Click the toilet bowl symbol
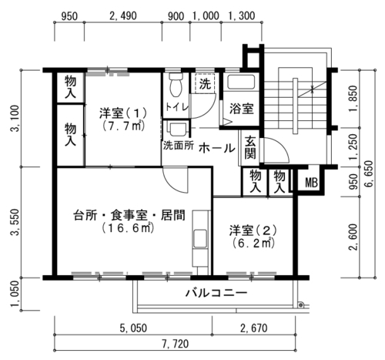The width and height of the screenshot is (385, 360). pos(176,85)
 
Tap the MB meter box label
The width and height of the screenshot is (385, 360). pos(311,183)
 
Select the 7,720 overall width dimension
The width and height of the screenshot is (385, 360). pos(176,344)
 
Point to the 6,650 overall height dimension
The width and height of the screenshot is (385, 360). pos(369,174)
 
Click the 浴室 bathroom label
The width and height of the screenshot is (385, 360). pos(242,109)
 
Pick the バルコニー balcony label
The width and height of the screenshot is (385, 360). pos(216,293)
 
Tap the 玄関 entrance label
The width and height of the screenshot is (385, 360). pos(249,147)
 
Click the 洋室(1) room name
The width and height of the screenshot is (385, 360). pos(123,113)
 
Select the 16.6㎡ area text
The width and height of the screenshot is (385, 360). pos(128,228)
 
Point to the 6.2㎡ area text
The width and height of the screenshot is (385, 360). pos(253,243)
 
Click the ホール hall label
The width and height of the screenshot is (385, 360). pos(217,148)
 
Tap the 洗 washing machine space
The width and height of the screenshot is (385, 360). pos(205,83)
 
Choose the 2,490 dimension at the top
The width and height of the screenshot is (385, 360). pos(123,16)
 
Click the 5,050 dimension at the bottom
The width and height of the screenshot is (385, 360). pos(133,328)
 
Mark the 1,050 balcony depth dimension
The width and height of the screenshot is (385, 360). pos(15,294)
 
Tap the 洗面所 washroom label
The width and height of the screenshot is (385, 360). pos(179,146)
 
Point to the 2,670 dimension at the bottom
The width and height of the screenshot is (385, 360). pos(253,328)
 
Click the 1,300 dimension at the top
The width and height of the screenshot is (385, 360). pos(242,16)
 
